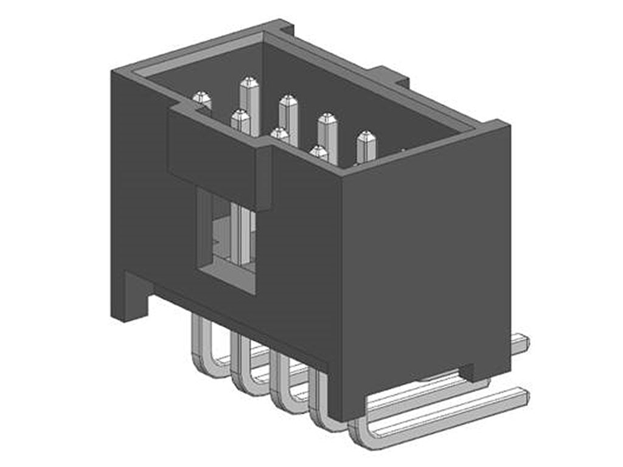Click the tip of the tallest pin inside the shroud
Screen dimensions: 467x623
pos(249,82)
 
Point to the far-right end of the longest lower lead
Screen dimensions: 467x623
pos(523,395)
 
